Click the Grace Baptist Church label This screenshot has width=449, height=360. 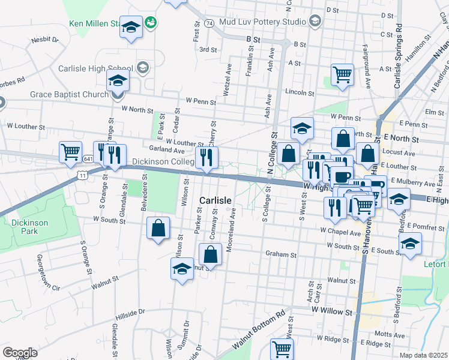tap(69, 94)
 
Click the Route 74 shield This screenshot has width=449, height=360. tap(209, 23)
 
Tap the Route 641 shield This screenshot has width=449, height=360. tap(88, 159)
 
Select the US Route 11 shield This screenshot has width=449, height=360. tap(82, 173)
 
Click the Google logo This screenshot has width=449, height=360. tap(20, 353)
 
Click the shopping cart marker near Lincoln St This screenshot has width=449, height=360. tap(342, 74)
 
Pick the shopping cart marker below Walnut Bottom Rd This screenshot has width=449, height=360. tap(282, 348)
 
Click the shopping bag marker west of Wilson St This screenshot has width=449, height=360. tap(158, 229)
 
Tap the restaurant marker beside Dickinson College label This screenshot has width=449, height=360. tap(206, 158)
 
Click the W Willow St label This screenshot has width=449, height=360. tap(331, 311)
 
